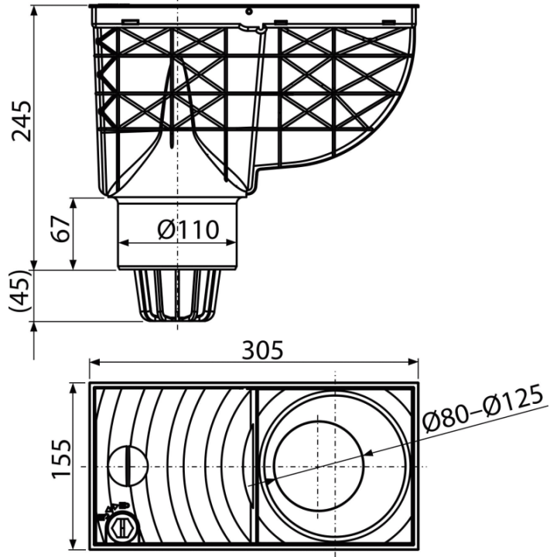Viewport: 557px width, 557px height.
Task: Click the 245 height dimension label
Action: (x=22, y=121)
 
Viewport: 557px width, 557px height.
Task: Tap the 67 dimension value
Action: (x=60, y=229)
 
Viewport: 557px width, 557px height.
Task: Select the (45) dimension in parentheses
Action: (x=19, y=292)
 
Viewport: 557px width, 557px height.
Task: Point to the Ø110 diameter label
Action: (x=188, y=230)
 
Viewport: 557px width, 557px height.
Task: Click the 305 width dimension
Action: (x=262, y=350)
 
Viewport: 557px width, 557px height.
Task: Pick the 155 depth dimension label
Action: (x=61, y=460)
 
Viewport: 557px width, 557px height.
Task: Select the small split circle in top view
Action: (x=127, y=466)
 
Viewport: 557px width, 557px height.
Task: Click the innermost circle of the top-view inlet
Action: (x=320, y=466)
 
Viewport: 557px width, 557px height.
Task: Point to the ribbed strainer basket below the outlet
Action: (x=177, y=296)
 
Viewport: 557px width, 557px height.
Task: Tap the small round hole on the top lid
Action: (x=249, y=12)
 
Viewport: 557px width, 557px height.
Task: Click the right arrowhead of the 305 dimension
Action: (x=413, y=362)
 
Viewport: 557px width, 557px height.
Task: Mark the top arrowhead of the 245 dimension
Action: (x=34, y=11)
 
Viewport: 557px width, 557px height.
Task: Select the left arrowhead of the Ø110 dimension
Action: (x=123, y=243)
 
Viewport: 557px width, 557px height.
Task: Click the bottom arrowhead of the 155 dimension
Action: (x=73, y=544)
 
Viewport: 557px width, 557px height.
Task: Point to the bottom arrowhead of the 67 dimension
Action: (x=73, y=265)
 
